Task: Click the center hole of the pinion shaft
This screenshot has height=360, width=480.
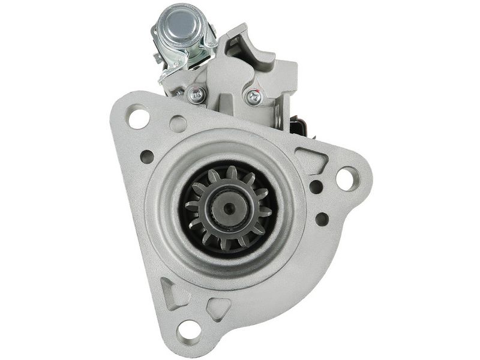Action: (229, 208)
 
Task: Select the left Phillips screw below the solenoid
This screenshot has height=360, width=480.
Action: (196, 94)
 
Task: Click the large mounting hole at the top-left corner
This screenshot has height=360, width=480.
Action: (139, 116)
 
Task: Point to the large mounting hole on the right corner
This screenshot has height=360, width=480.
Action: (347, 178)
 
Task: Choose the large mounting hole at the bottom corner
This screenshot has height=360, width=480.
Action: (190, 329)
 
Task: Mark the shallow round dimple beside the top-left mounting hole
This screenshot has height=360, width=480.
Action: (178, 124)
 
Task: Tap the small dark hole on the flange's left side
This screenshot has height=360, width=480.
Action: (147, 157)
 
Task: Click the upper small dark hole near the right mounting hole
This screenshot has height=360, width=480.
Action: (316, 187)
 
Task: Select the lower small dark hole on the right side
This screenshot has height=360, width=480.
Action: (322, 219)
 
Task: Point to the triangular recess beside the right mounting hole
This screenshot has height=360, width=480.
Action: (312, 161)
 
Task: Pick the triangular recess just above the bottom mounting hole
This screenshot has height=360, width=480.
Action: (220, 307)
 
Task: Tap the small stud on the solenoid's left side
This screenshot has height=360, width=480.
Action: (157, 58)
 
